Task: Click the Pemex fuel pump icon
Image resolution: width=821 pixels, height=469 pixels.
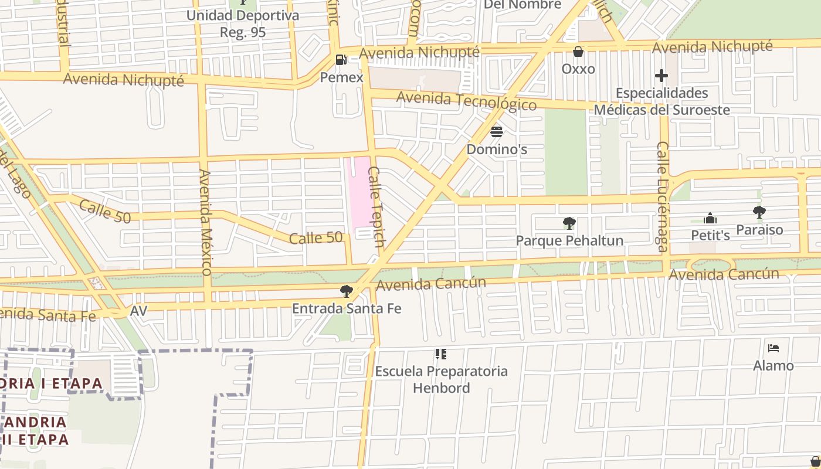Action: pos(341,60)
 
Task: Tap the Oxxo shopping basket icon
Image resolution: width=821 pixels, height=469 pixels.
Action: pos(578,52)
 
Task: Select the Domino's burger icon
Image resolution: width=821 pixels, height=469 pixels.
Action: pos(497,131)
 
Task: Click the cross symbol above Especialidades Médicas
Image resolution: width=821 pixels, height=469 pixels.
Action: pos(661,76)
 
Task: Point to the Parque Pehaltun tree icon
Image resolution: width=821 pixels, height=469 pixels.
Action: pos(569,223)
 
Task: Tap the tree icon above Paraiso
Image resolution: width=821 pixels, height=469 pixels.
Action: pos(759,212)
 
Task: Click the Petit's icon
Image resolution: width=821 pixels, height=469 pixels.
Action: pos(710,218)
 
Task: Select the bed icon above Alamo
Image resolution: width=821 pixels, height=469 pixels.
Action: pos(773,348)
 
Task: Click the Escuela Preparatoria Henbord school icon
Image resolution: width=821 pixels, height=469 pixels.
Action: pos(441,354)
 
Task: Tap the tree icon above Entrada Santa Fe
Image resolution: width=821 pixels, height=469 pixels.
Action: pos(347,291)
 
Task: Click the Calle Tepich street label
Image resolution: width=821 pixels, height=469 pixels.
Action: pos(376,206)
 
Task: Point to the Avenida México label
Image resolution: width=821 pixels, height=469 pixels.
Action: pos(205,222)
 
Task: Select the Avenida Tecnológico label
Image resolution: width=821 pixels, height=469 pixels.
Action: pos(466,100)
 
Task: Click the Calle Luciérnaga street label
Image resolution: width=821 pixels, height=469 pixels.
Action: pos(662,196)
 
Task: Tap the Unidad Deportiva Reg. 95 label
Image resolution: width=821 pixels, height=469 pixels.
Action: pos(243,23)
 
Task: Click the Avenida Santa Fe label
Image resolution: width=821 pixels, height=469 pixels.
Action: pos(47,314)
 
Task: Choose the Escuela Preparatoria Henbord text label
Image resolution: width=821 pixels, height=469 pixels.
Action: pos(441,379)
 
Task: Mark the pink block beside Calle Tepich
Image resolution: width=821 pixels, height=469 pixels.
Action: pos(359,191)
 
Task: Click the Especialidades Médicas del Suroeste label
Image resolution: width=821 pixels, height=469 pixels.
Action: pos(661,101)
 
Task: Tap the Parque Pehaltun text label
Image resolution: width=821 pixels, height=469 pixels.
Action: pos(569,240)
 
